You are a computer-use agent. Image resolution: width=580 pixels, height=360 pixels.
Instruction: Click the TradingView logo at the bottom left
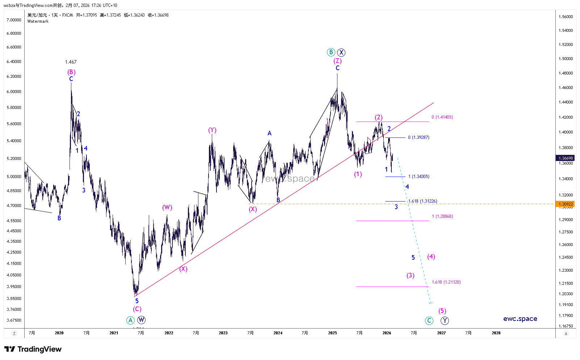coord(33,349)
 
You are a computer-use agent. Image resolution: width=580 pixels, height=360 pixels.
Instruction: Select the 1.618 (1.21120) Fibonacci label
coord(446,282)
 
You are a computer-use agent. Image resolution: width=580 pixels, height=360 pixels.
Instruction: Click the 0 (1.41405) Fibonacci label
coord(442,117)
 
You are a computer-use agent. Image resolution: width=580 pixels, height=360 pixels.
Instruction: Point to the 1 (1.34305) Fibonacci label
coord(419,177)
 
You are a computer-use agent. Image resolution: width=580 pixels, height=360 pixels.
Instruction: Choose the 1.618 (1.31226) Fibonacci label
coord(423,201)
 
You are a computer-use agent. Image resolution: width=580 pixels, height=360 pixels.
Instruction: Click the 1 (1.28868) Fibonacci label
coord(442,216)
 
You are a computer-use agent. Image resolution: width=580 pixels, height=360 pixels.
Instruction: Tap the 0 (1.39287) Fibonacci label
coord(419,137)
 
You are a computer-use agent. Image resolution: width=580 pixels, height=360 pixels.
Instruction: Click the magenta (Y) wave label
coord(212,130)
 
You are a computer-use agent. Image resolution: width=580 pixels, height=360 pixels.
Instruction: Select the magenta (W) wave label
coord(167,207)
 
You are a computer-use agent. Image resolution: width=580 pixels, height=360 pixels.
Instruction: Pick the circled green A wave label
coord(130,320)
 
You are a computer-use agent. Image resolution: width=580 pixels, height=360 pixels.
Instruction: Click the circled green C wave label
coord(429,321)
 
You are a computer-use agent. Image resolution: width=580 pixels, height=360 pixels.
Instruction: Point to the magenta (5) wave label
coord(442,311)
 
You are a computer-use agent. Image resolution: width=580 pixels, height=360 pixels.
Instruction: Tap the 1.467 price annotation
coord(71,62)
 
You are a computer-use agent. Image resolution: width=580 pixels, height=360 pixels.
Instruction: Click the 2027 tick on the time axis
coord(441,333)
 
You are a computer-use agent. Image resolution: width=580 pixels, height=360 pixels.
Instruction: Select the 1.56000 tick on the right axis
coord(566,17)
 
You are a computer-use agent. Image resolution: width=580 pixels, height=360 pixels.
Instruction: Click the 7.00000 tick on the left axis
coord(14,20)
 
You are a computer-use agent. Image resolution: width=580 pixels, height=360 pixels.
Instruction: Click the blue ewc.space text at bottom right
coord(520,319)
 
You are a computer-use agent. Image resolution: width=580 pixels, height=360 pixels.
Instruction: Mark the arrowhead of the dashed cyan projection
coord(430,303)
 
